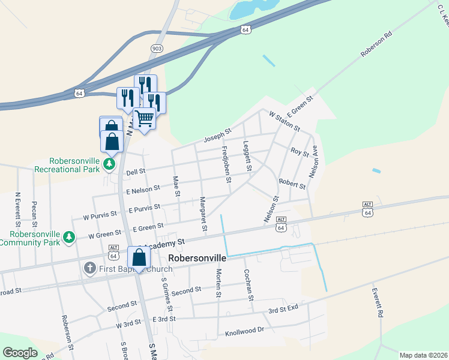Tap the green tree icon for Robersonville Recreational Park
(x=109, y=163)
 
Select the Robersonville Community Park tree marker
(x=70, y=238)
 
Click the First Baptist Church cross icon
(x=90, y=268)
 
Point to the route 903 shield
(x=157, y=47)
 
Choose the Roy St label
(x=299, y=153)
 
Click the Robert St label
(x=292, y=183)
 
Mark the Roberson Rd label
(x=376, y=44)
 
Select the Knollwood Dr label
(x=244, y=331)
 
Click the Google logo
(x=20, y=352)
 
